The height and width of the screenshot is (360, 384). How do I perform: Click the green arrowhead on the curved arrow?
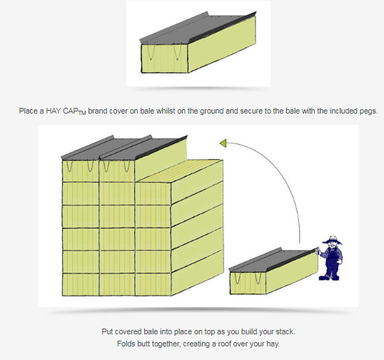click(x=223, y=144)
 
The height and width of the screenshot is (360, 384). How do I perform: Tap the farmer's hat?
click(x=333, y=240)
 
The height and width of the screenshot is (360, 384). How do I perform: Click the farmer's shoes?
click(x=329, y=278)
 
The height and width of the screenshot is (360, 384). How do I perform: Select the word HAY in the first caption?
click(x=54, y=111)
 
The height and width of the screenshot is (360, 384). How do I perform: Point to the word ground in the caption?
click(x=211, y=111)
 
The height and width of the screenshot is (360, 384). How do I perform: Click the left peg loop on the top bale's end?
click(x=151, y=52)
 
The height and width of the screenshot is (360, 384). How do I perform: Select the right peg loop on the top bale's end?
click(x=177, y=52)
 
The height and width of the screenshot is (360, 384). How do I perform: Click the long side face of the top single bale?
click(x=222, y=44)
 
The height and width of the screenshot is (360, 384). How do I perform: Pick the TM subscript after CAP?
click(x=82, y=114)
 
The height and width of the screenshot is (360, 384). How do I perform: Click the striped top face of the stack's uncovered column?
click(x=179, y=171)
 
